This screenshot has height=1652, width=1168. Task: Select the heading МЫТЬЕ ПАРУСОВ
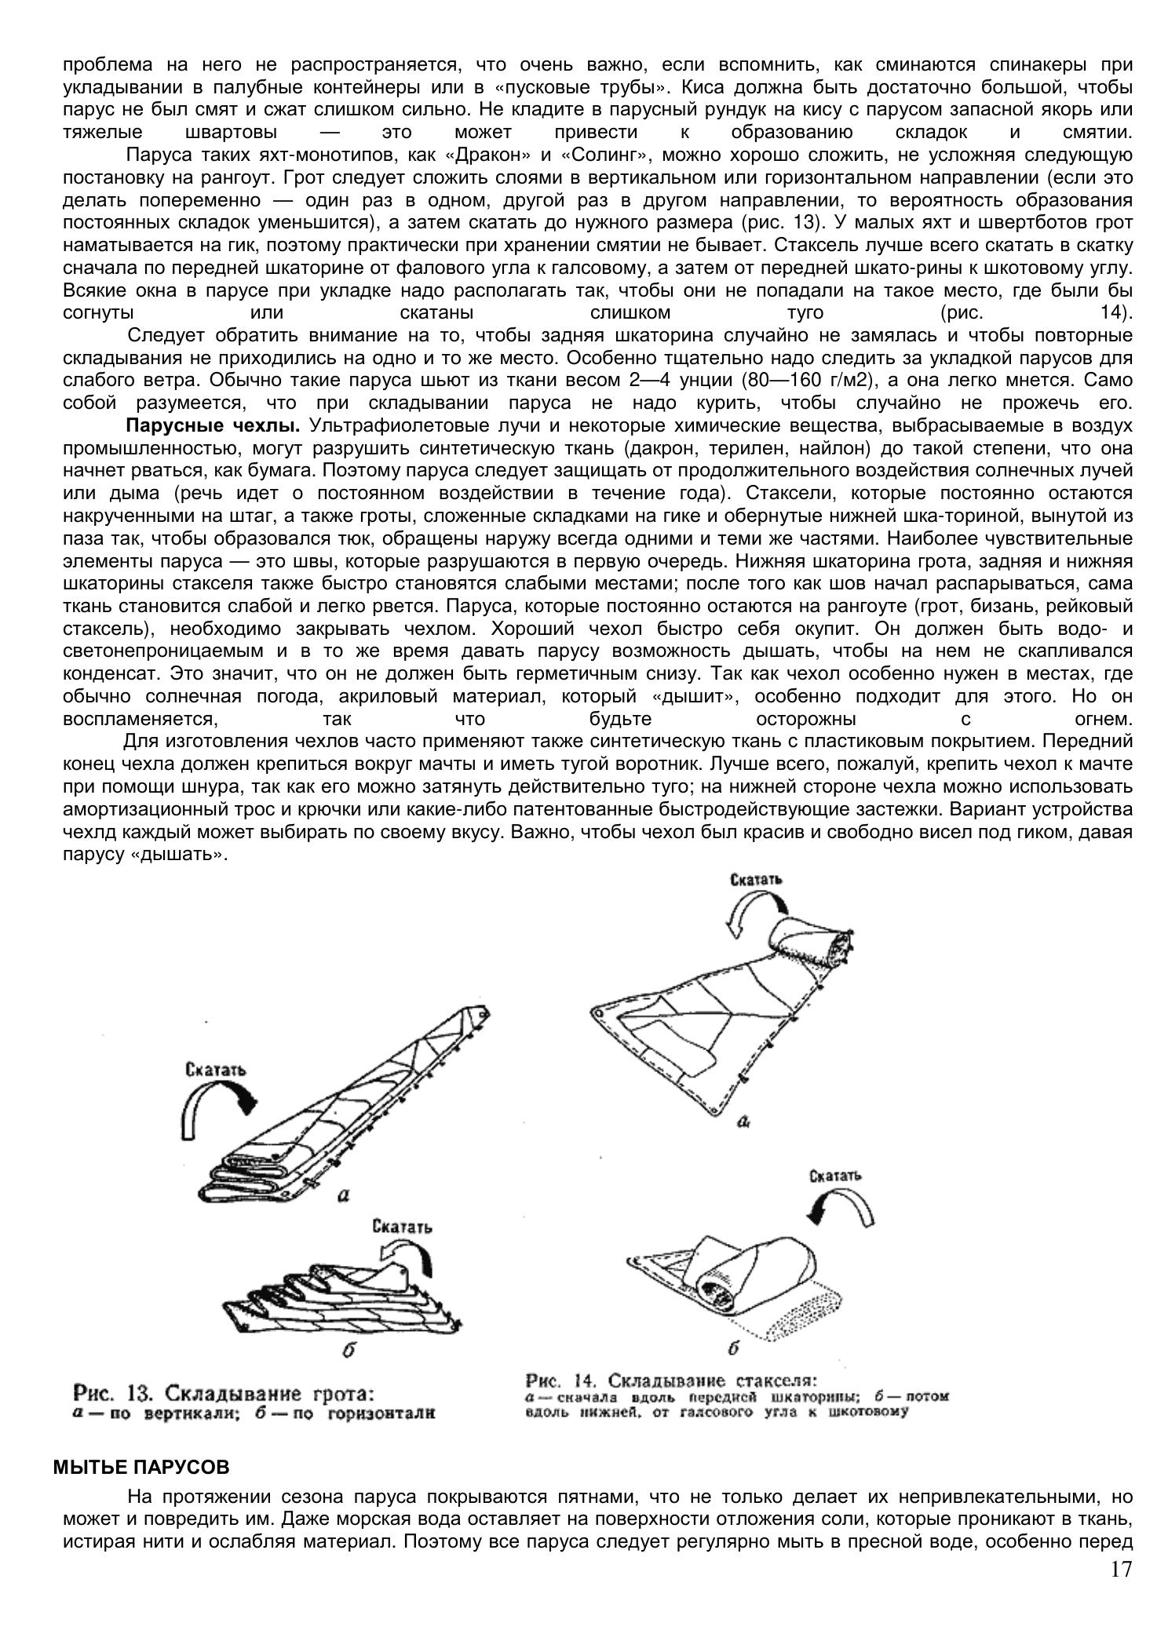pos(141,1466)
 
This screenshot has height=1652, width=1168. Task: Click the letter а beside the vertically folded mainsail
pos(341,1196)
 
